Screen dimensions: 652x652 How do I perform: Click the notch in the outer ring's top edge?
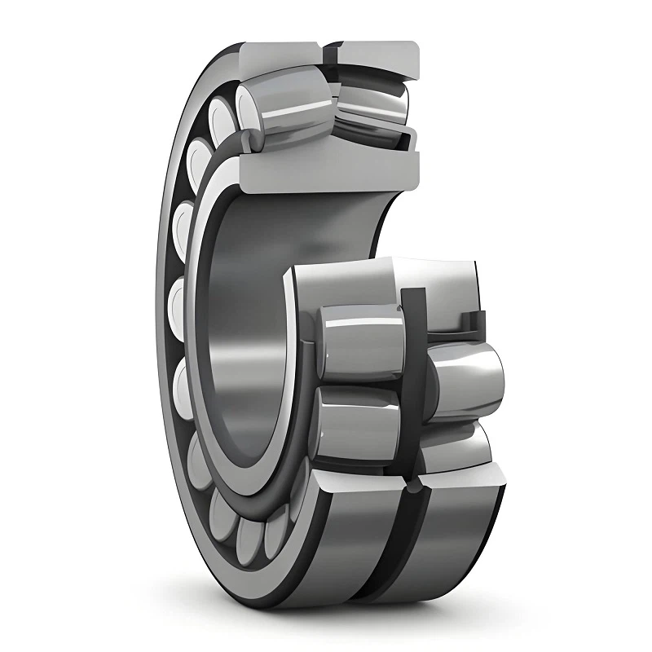tap(329, 51)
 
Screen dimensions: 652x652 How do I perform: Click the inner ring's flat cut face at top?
tap(326, 171)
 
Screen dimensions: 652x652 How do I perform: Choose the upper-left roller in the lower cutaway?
tap(359, 338)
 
